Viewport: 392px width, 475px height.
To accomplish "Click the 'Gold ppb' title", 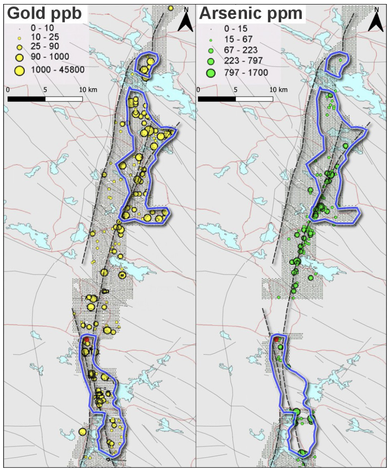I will [x=44, y=14].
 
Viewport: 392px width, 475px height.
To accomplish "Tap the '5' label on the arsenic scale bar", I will [x=236, y=89].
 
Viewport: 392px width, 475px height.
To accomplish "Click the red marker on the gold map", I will [x=86, y=339].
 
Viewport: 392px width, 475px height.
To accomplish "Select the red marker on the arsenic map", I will [x=276, y=339].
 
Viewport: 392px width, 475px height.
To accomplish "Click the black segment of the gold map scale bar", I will [x=26, y=99].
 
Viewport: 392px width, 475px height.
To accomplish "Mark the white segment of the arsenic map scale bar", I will [x=254, y=99].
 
